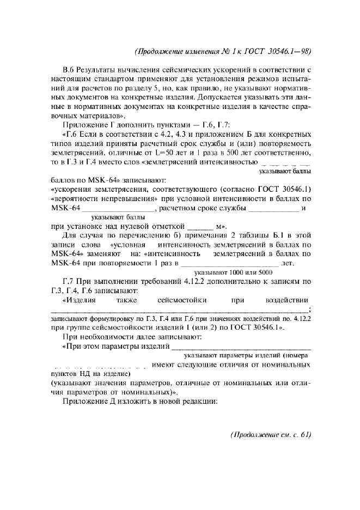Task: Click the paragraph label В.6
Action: coord(69,71)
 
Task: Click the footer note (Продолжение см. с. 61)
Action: coord(271,434)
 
